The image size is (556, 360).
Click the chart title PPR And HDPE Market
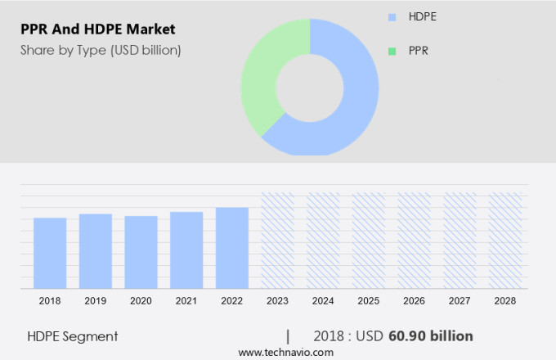pos(98,29)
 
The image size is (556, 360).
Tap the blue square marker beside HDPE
pos(392,16)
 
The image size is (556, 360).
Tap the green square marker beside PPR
pos(392,51)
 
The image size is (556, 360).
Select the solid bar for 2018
pos(50,253)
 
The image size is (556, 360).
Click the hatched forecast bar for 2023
pos(277,241)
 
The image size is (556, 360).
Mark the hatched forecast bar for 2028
pos(505,241)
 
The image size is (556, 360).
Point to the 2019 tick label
pos(96,301)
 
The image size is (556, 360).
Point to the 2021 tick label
pos(186,301)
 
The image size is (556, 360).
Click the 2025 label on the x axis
pos(369,301)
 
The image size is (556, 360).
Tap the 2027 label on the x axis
pos(460,301)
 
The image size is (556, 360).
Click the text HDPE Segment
pos(73,336)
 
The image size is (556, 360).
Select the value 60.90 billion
pos(432,336)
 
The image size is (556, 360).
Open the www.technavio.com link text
pos(285,352)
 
